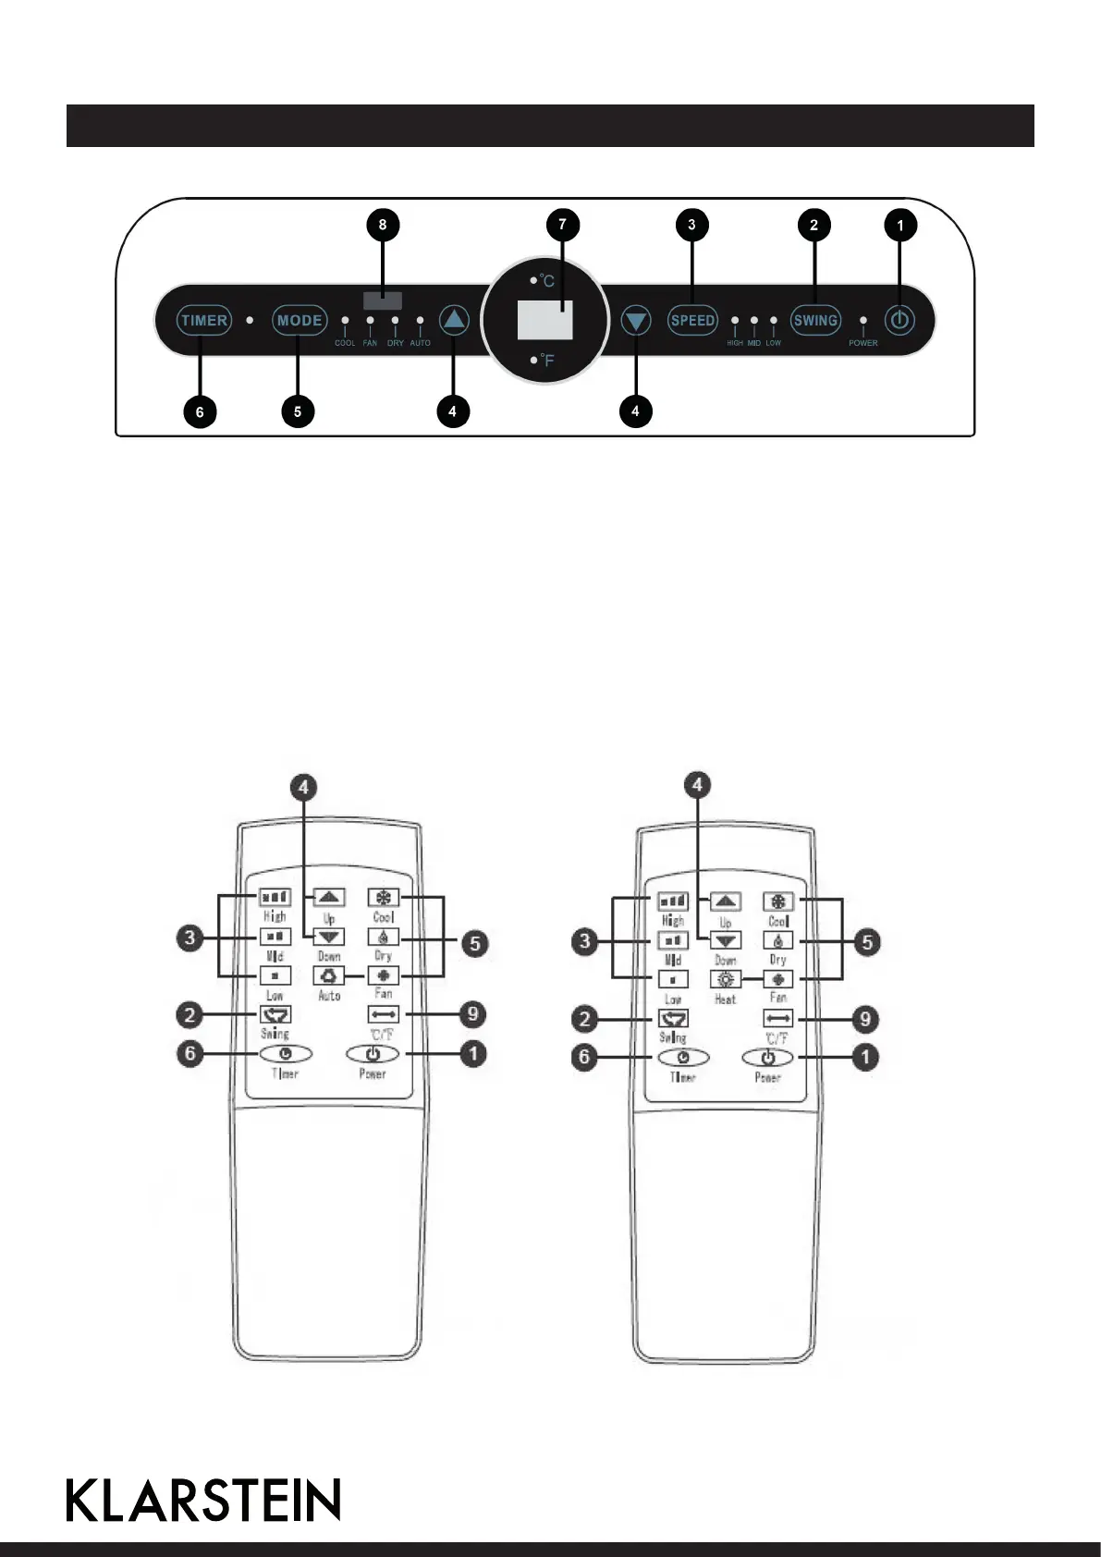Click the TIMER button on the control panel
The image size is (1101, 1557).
[204, 321]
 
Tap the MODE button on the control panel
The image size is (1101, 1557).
[300, 321]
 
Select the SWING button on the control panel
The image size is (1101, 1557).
[815, 321]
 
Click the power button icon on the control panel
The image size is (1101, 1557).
[900, 321]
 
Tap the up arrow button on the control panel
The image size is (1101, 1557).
[454, 321]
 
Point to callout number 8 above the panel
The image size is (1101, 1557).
[383, 225]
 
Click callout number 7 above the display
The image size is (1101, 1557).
[562, 225]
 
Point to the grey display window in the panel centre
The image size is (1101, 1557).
[544, 320]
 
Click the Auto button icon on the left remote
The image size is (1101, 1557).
[329, 975]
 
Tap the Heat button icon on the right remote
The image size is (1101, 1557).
[726, 979]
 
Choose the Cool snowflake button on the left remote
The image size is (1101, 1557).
[382, 897]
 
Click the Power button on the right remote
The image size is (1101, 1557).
[768, 1058]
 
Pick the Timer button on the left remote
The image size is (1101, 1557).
[284, 1054]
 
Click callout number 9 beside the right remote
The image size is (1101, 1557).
[865, 1019]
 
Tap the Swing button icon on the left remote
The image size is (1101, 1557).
[275, 1015]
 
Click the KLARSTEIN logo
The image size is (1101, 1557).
[204, 1500]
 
